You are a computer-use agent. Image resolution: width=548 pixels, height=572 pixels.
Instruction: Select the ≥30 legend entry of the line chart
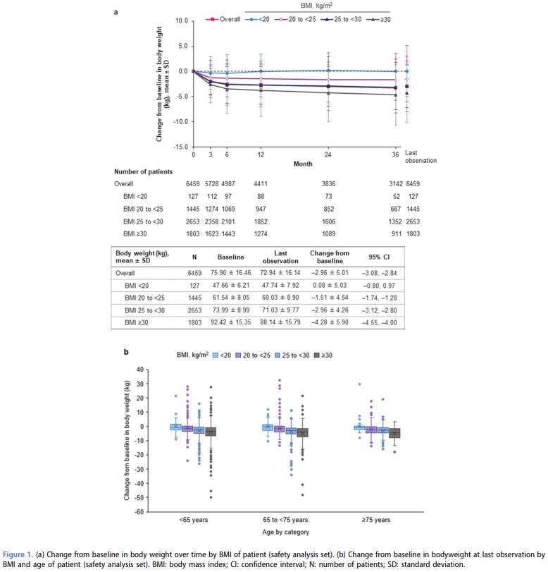380,19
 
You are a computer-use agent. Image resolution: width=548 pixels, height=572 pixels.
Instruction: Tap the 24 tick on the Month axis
328,154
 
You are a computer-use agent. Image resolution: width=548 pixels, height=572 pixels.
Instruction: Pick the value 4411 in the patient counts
261,183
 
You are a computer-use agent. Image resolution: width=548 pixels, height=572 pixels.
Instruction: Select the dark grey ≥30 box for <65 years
211,431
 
